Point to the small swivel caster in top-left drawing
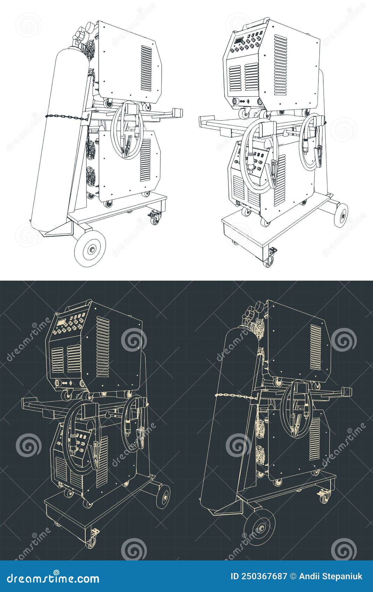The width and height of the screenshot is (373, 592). click(154, 218)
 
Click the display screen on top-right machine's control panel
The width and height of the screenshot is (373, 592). click(240, 42)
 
